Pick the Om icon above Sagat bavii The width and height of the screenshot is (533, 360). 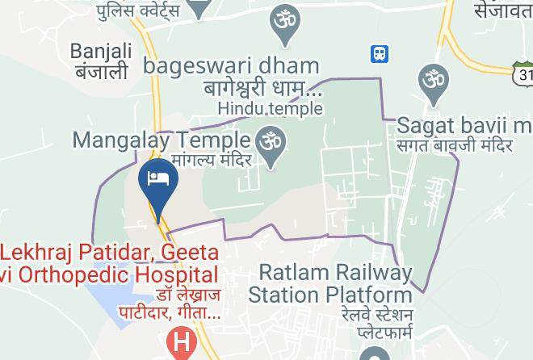point(433,82)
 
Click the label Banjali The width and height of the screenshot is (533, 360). point(100,52)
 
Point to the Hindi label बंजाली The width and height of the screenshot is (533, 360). point(100,73)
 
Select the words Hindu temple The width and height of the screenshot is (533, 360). point(268,107)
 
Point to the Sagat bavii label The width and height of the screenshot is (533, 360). point(464,126)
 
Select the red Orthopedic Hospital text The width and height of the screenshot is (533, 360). point(109,274)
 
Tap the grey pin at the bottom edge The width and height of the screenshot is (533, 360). point(375,354)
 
